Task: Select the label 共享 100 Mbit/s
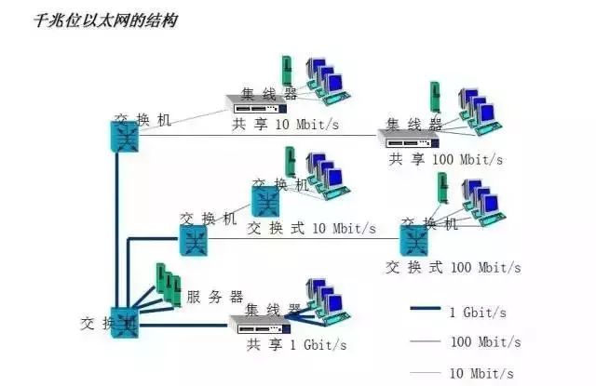[x=445, y=159]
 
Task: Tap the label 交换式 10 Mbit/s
[x=311, y=228]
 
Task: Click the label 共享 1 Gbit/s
[x=296, y=345]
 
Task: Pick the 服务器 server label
[x=214, y=297]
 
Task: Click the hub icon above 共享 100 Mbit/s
[x=408, y=138]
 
